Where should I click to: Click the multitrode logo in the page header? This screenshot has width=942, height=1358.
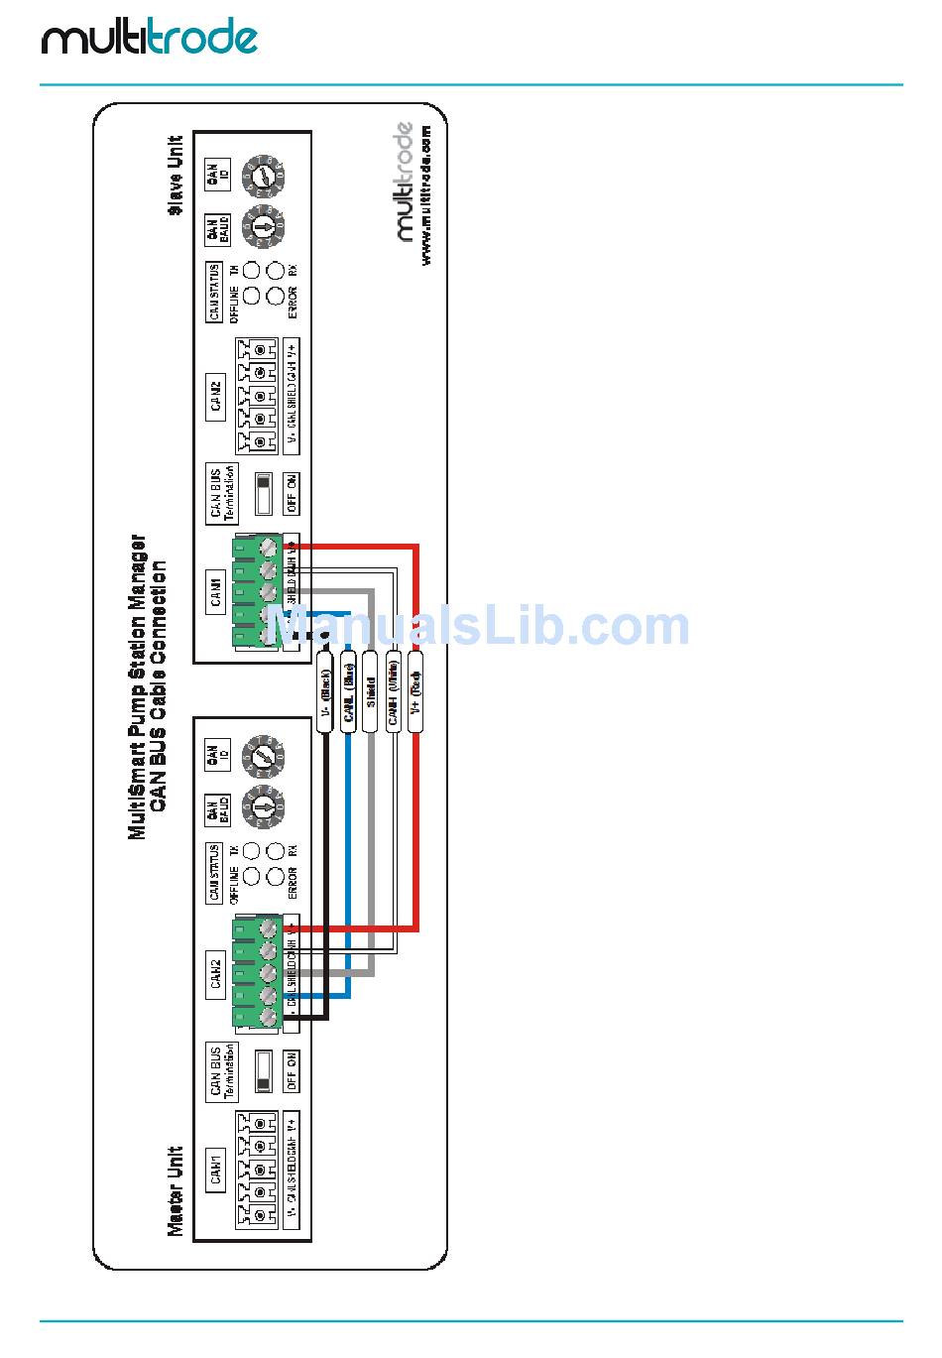149,39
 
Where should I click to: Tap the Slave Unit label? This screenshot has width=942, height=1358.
176,175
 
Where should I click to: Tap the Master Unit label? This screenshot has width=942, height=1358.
176,1190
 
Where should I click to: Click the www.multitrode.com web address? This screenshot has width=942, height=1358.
426,193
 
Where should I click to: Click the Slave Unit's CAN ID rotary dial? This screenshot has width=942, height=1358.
264,176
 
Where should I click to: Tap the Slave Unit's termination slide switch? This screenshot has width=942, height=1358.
264,493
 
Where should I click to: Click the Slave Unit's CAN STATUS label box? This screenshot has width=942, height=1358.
214,292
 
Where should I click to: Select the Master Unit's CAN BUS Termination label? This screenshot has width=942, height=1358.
221,1071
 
